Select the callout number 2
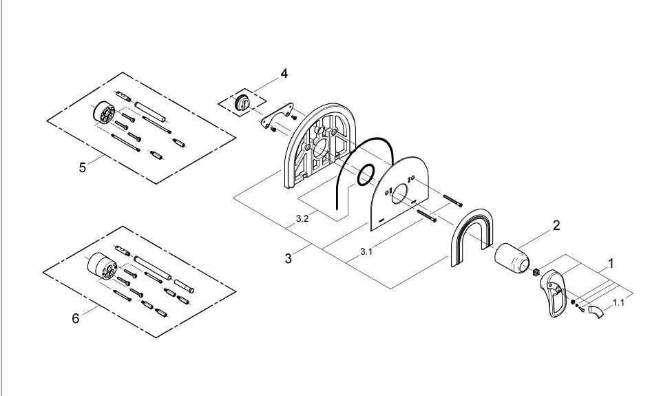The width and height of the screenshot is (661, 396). (556, 225)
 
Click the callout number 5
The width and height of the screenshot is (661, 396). (83, 168)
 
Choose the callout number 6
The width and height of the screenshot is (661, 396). (76, 319)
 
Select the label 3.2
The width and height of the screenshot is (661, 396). (302, 219)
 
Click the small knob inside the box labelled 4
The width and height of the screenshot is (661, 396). (244, 101)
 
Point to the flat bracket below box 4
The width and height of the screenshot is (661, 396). (278, 114)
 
